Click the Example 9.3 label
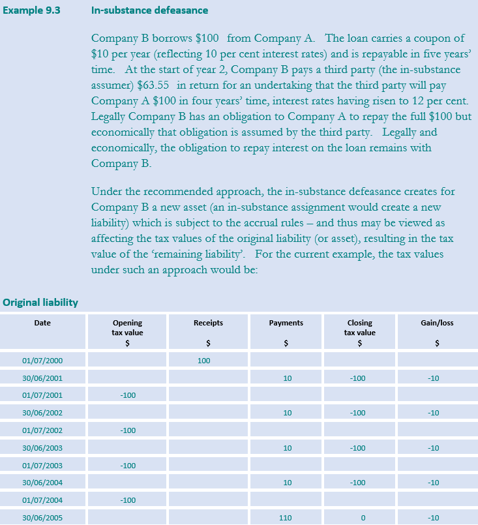pos(32,10)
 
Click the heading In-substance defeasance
pos(150,10)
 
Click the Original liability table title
pos(40,302)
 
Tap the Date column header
pos(42,323)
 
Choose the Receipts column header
pos(208,323)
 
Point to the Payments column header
pos(286,323)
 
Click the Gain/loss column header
pos(437,323)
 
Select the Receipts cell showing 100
pos(203,360)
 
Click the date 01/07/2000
pos(42,360)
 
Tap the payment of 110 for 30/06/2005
pos(286,518)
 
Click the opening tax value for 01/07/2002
pos(128,430)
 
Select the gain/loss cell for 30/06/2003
pos(433,448)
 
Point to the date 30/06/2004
pos(42,483)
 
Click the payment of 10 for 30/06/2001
pos(288,378)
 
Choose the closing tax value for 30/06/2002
pos(357,413)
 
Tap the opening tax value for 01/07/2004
pos(128,500)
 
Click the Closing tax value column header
pos(360,327)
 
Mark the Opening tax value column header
pos(127,327)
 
